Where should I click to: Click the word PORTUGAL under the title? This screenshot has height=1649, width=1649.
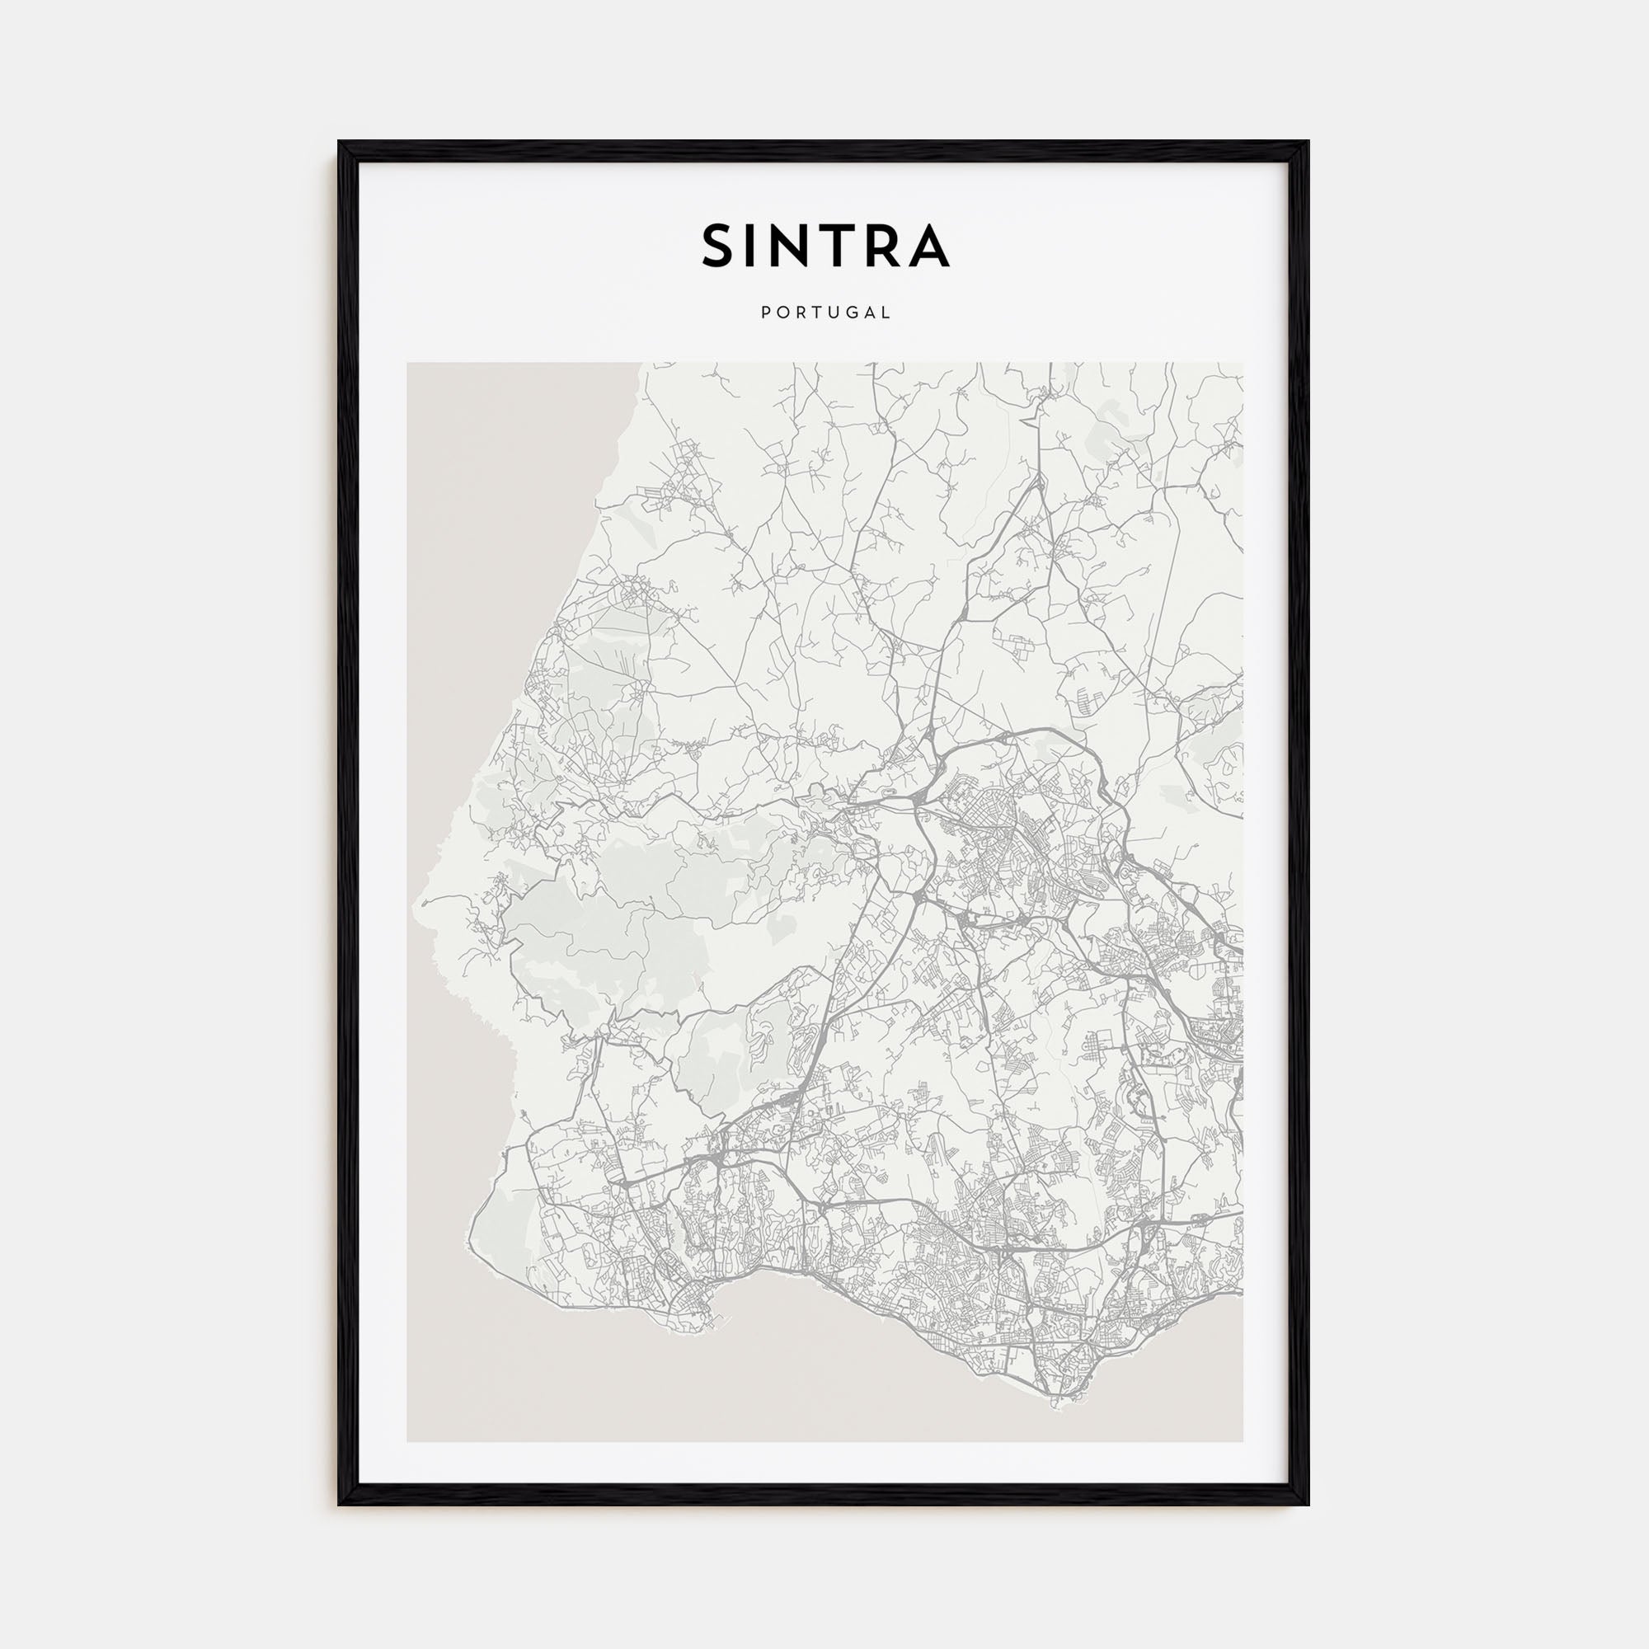click(x=825, y=313)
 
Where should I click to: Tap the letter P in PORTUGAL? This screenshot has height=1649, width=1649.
click(x=765, y=313)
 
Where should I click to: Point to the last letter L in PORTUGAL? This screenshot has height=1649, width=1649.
click(x=888, y=313)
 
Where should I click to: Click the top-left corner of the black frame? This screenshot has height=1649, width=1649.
click(x=339, y=142)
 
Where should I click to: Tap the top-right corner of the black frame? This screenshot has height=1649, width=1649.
click(x=1309, y=142)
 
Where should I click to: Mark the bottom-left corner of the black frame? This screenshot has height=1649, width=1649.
click(x=339, y=1505)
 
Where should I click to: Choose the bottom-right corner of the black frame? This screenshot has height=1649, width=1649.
click(x=1309, y=1505)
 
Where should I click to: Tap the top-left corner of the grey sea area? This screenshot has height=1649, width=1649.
click(x=408, y=364)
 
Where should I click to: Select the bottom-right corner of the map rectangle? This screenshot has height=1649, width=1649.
click(x=1243, y=1441)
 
